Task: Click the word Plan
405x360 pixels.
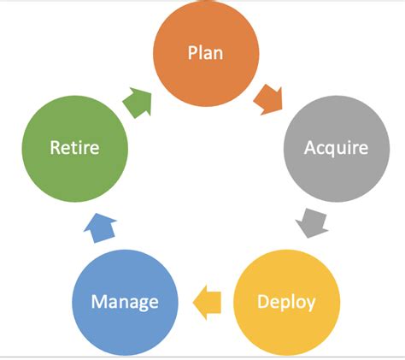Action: coord(205,53)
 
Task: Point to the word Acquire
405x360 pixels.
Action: coord(335,147)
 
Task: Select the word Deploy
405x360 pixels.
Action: coord(285,302)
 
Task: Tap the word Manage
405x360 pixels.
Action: coord(125,302)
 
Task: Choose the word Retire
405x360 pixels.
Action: coord(73,147)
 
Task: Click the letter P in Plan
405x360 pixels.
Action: coord(192,53)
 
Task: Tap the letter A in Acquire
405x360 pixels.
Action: coord(310,147)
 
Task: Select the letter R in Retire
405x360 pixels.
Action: coord(54,147)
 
